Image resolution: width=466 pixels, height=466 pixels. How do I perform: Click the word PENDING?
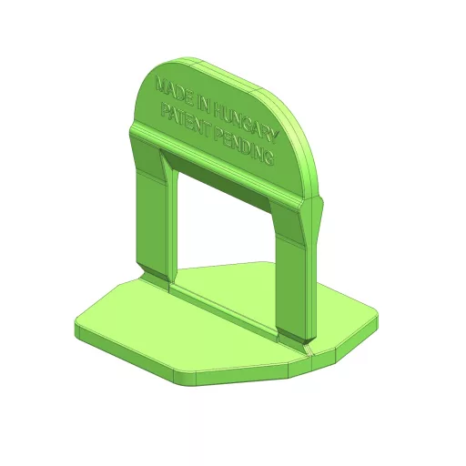(x=244, y=147)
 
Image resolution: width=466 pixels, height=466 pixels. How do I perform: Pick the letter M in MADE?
(x=160, y=85)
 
